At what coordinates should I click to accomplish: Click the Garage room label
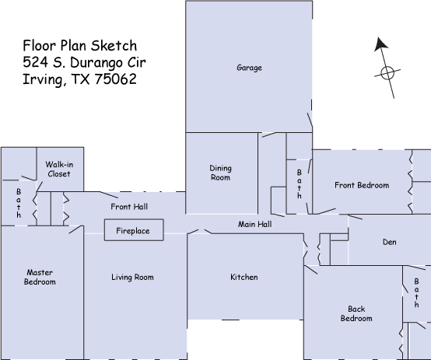click(x=249, y=68)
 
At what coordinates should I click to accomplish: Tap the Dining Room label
click(x=220, y=173)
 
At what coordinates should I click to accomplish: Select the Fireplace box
click(x=134, y=230)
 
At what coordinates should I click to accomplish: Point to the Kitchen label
click(x=244, y=277)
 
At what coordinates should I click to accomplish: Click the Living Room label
click(x=132, y=277)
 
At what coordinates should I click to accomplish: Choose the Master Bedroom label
click(x=40, y=277)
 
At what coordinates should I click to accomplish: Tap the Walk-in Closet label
click(x=59, y=169)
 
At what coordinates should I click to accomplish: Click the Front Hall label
click(x=129, y=207)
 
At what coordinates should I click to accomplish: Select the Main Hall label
click(x=255, y=224)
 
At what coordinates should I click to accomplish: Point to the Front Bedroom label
click(x=362, y=185)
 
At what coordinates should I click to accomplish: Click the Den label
click(x=390, y=242)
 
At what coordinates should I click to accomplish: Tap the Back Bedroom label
click(x=356, y=313)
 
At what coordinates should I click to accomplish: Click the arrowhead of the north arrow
click(x=380, y=44)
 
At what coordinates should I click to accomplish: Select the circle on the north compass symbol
click(x=387, y=73)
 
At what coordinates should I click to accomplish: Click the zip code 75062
click(x=116, y=79)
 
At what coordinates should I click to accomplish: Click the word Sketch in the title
click(x=114, y=46)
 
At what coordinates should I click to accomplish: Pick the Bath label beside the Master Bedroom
click(x=19, y=203)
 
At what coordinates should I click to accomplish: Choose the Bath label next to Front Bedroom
click(x=300, y=183)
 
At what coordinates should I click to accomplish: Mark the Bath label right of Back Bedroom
click(x=417, y=292)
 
